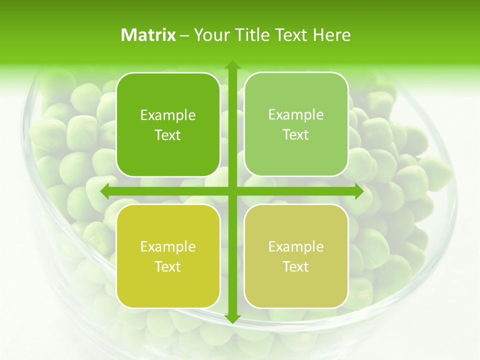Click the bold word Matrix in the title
click(148, 35)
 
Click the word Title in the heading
click(249, 35)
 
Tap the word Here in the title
click(331, 35)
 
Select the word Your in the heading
click(209, 35)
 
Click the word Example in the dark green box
click(168, 115)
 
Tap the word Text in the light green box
click(296, 135)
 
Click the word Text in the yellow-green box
click(168, 266)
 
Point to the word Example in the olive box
click(296, 246)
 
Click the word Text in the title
click(291, 35)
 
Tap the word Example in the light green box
click(296, 115)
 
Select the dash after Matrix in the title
click(184, 35)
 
